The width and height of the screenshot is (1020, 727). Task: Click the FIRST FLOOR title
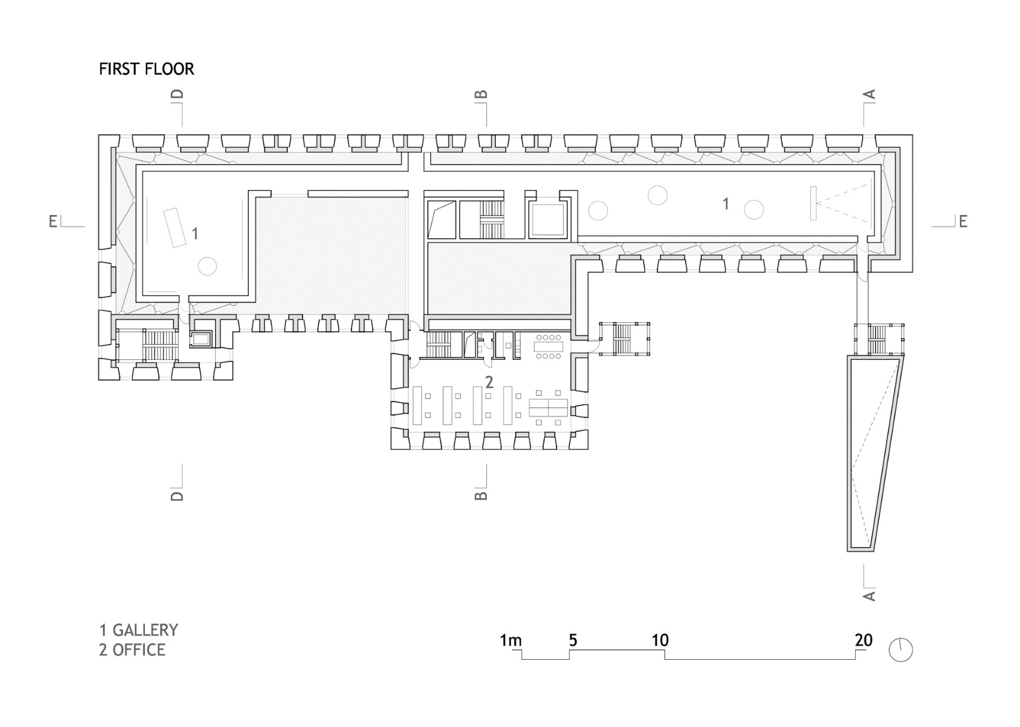(x=147, y=69)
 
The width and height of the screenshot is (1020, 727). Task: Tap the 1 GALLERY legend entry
(x=139, y=630)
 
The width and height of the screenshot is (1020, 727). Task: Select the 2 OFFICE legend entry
(x=133, y=650)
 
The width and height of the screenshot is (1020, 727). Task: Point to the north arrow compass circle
(x=901, y=650)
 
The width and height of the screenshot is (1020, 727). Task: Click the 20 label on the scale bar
(x=864, y=640)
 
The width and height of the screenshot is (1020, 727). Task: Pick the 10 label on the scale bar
(x=660, y=640)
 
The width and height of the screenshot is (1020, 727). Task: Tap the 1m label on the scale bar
(x=510, y=640)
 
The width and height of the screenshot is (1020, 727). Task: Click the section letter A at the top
(x=869, y=95)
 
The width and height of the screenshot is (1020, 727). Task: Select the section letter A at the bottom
(x=869, y=596)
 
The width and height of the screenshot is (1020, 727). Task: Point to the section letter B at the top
(x=481, y=95)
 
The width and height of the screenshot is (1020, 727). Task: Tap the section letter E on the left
(x=53, y=222)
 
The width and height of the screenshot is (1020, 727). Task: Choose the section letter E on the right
(x=963, y=222)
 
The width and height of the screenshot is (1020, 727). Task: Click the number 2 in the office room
(x=489, y=382)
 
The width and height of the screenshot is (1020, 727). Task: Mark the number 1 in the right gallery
(x=726, y=204)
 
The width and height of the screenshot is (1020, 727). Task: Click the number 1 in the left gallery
(x=195, y=233)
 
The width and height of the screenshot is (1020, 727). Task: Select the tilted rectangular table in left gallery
(x=175, y=227)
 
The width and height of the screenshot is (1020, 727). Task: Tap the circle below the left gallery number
(x=207, y=266)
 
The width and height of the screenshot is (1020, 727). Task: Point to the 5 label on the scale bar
(x=573, y=640)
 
